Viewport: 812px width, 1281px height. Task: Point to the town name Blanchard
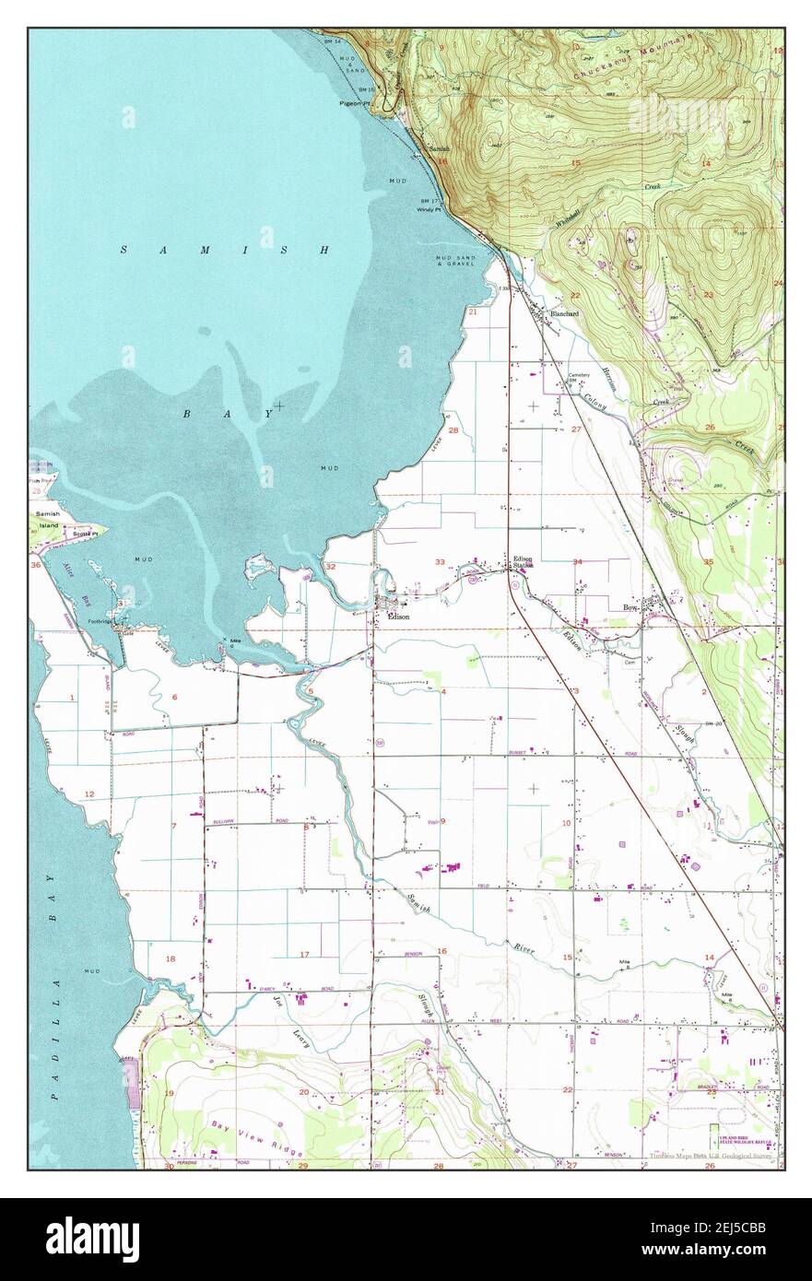[564, 314]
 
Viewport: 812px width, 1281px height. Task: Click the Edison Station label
[524, 561]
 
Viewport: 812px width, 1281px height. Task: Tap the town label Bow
[630, 607]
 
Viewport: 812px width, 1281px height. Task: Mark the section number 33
[440, 562]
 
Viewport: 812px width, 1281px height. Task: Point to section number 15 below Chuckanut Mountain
[575, 162]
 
